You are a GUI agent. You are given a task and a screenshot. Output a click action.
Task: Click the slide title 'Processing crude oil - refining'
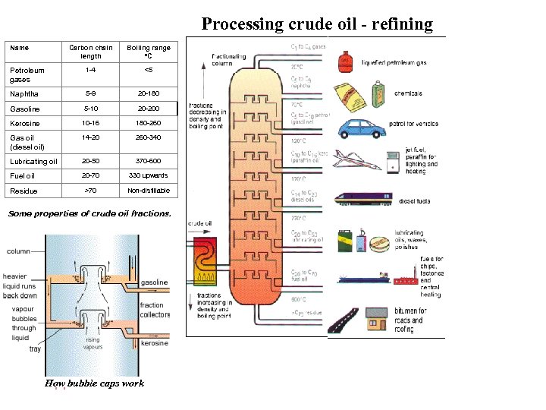(317, 24)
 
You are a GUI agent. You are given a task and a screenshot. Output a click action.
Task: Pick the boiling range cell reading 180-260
(149, 123)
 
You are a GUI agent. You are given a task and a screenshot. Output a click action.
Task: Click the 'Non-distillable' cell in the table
(149, 191)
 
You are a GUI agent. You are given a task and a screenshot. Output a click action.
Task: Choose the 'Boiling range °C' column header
(149, 52)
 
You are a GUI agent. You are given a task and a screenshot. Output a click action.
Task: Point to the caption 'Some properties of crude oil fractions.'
(89, 213)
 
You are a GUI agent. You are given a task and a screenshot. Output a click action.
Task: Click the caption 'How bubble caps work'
(94, 383)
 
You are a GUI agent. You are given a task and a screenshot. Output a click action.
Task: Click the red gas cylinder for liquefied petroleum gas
(345, 61)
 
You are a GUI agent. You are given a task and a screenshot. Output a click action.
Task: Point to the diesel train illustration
(363, 200)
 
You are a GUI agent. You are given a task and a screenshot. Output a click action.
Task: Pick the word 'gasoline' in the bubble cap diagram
(155, 282)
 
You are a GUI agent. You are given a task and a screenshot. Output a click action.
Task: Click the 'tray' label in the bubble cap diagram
(35, 349)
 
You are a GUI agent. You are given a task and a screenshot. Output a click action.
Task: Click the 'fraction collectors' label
(151, 310)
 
